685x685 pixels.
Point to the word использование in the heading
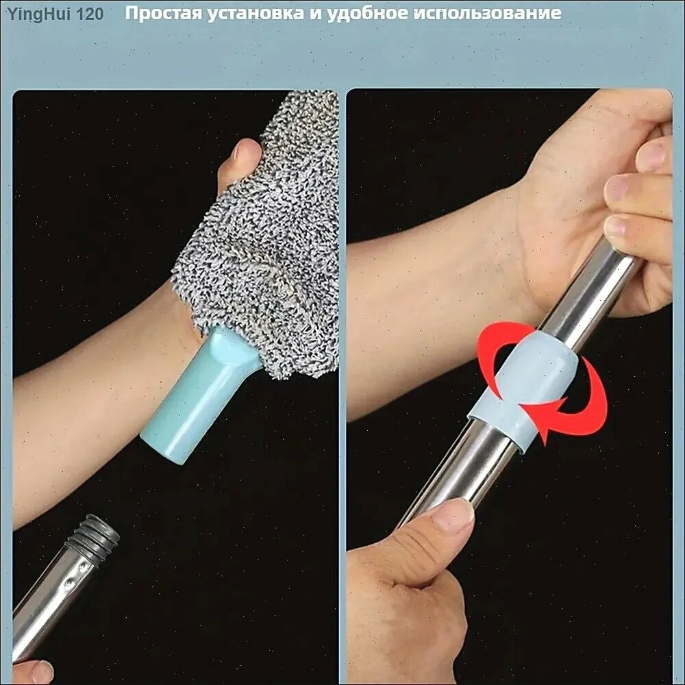pyautogui.click(x=487, y=14)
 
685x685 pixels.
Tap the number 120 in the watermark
pyautogui.click(x=90, y=14)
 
